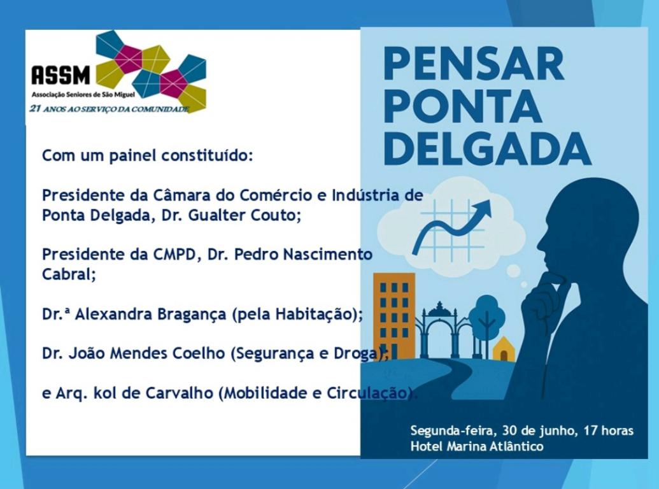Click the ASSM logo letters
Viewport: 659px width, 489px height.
(x=61, y=75)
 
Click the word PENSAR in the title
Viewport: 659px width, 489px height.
(x=474, y=64)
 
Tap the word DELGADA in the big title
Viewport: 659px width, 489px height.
(x=488, y=149)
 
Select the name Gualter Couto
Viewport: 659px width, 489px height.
(x=244, y=215)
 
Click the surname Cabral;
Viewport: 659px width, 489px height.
(x=69, y=274)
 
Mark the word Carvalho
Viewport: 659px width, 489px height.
(x=179, y=393)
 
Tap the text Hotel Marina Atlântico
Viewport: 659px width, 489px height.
(x=477, y=446)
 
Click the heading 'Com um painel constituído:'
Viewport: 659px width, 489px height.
(x=148, y=156)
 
